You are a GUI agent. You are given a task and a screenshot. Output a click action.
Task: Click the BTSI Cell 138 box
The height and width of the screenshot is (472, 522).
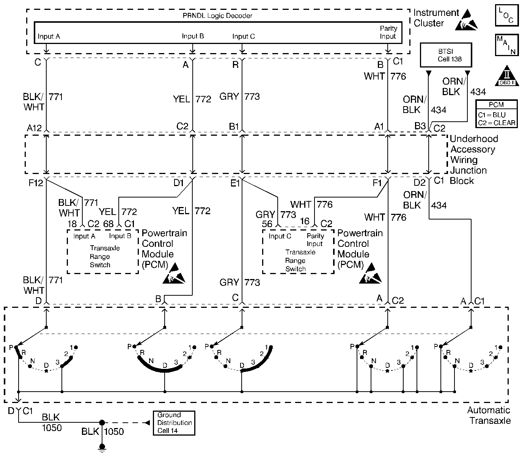(446, 55)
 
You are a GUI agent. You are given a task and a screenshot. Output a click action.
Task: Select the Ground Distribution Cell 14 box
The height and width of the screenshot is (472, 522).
(174, 423)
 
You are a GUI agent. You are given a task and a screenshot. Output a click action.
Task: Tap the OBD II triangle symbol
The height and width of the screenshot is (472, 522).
(506, 77)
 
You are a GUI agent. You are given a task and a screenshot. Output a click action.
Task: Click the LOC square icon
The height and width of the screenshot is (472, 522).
(506, 16)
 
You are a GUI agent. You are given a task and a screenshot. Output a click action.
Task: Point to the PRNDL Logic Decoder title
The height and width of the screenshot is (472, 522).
(217, 16)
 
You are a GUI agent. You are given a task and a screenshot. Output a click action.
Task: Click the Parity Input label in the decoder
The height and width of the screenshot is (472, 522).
(388, 32)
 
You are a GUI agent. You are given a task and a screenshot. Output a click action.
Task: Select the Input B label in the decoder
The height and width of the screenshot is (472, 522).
(193, 36)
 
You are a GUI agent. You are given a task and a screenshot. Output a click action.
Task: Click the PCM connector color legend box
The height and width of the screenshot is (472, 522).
(497, 114)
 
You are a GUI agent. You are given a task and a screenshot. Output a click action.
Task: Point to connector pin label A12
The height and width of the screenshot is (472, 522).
(34, 128)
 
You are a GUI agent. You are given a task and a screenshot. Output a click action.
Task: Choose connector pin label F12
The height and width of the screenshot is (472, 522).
(36, 183)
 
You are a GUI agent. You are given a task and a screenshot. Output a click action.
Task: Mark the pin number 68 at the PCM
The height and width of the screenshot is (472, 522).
(108, 224)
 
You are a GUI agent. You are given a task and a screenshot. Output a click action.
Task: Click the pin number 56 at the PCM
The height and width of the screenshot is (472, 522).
(267, 224)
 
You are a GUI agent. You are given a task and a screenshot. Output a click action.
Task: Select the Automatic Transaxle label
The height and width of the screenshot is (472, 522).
(489, 415)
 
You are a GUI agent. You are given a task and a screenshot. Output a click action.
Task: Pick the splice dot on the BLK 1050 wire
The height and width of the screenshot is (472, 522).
(102, 423)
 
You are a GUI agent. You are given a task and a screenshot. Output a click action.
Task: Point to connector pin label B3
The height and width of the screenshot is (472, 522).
(420, 126)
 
